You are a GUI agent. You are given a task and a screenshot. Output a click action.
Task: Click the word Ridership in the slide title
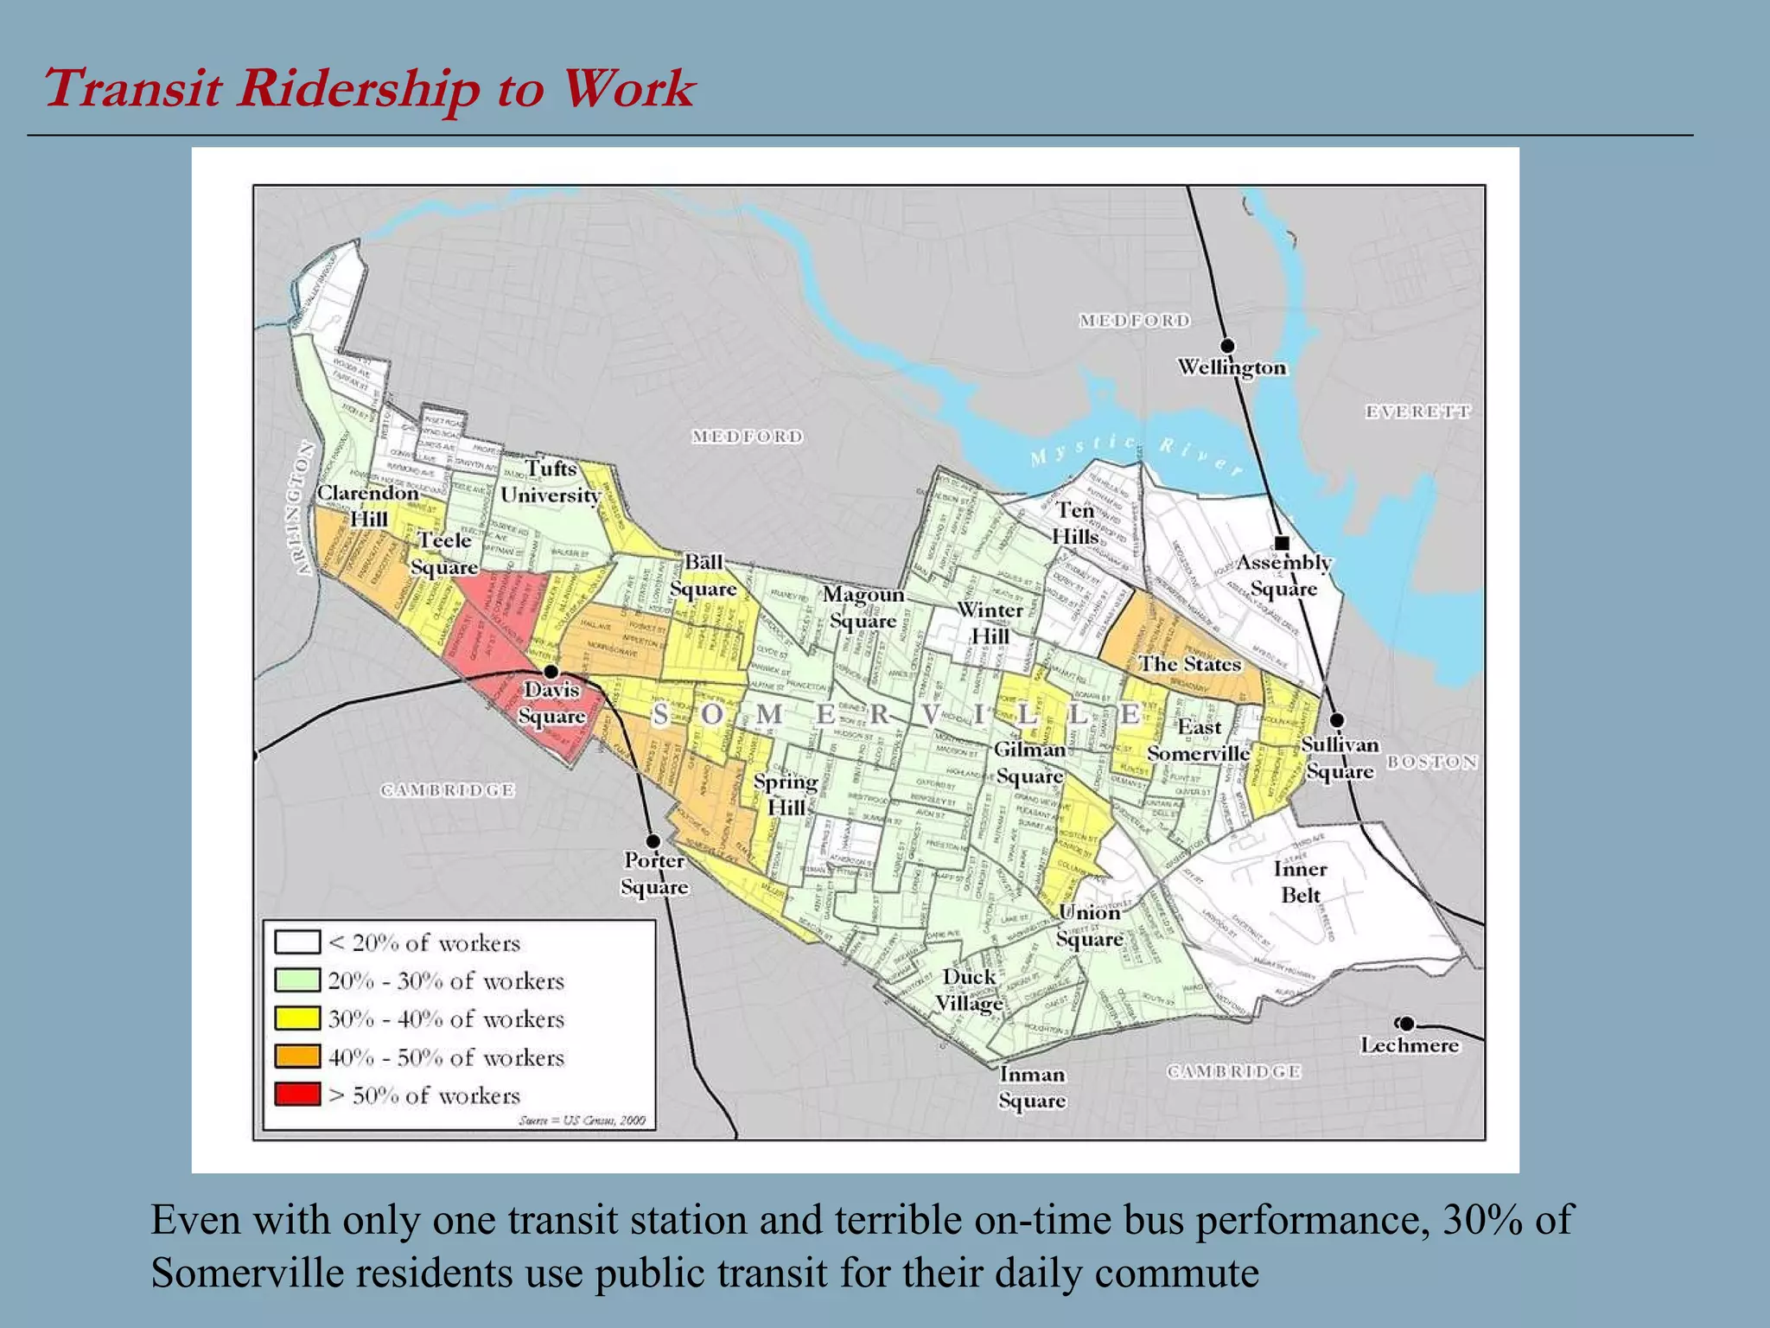coord(358,89)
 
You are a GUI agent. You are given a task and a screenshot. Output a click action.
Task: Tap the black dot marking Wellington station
coord(1226,347)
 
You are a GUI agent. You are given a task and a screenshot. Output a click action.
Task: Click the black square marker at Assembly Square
coord(1283,543)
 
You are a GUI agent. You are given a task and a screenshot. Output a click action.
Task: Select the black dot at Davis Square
coord(551,672)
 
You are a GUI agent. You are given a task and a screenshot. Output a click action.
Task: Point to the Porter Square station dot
coord(653,841)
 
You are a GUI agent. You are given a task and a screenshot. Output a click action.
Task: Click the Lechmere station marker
coord(1407,1024)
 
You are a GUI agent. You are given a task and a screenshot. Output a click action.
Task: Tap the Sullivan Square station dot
coord(1337,719)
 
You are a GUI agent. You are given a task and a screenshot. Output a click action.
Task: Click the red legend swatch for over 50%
coord(297,1094)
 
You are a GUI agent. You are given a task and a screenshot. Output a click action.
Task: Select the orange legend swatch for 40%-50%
coord(297,1056)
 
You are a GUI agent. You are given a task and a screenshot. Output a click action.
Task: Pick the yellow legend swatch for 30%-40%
coord(297,1018)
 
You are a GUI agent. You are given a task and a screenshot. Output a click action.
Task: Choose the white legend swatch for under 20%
coord(297,942)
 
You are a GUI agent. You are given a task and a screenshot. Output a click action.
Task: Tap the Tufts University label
coord(551,482)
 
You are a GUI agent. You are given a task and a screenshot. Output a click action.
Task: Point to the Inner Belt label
coord(1300,882)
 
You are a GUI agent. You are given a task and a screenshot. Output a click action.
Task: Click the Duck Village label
coord(969,990)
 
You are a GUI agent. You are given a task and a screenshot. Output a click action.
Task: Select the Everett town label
coord(1417,412)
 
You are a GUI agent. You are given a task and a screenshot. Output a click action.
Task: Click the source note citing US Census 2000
coord(582,1120)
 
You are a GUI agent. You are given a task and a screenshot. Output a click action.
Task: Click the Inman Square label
coord(1032,1087)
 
